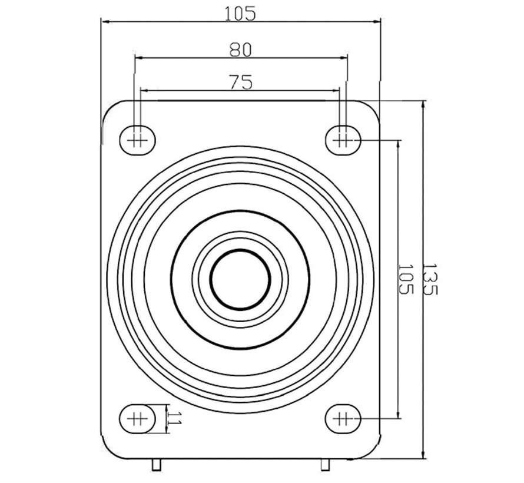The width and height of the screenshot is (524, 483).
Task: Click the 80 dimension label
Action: (240, 50)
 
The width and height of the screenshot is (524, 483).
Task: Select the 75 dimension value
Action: (241, 82)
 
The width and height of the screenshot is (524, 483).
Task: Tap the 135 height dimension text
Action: (430, 279)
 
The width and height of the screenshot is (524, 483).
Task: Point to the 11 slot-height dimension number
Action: (174, 418)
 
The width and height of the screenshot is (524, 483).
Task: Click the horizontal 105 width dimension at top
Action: (240, 14)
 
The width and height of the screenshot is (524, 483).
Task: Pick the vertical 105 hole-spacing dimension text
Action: (406, 279)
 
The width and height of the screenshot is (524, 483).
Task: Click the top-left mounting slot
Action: (138, 140)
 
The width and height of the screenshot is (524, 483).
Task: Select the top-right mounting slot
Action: (343, 140)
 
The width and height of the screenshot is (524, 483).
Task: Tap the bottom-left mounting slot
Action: (138, 418)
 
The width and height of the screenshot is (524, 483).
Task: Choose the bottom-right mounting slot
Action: (343, 418)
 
